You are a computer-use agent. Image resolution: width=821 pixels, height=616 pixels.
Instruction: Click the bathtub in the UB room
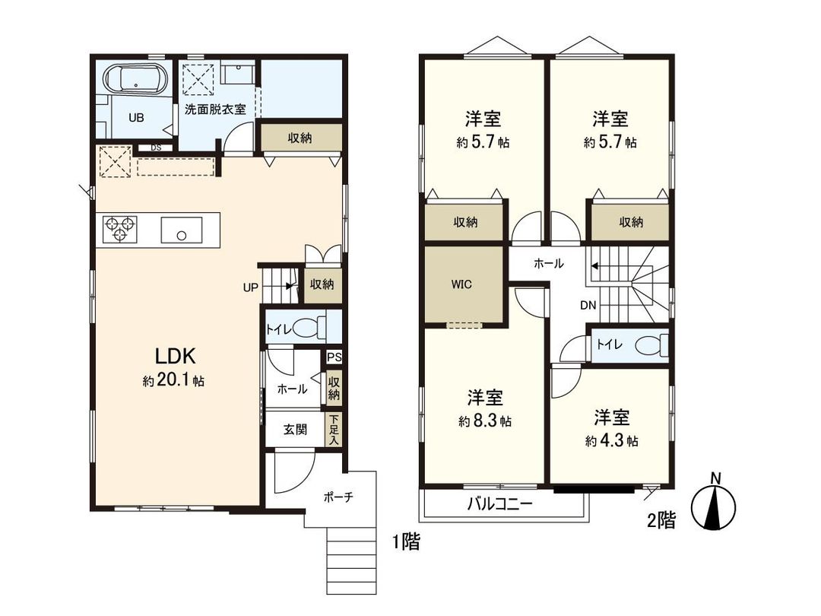[x=135, y=79]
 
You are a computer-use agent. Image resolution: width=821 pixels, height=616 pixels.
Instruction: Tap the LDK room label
[x=176, y=356]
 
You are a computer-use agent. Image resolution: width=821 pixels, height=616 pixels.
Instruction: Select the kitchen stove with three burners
[x=120, y=229]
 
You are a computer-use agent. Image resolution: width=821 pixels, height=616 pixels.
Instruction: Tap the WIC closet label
[x=462, y=285]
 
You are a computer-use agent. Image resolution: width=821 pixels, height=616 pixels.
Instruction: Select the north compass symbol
[x=715, y=504]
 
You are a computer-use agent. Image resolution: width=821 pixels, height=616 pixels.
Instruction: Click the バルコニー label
[x=499, y=504]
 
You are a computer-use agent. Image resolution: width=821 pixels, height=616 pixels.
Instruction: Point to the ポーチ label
[x=338, y=497]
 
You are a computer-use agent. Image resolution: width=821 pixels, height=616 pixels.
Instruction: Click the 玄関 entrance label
[x=295, y=429]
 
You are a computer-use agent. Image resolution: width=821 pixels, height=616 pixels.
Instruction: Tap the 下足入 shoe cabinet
[x=334, y=430]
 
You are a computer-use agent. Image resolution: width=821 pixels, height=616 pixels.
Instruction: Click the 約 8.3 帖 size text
[x=485, y=421]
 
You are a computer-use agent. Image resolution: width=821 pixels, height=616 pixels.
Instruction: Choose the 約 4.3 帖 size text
[x=611, y=440]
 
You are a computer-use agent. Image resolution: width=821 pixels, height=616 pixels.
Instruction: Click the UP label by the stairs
[x=250, y=287]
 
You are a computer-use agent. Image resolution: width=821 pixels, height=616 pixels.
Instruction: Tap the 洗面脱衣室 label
[x=215, y=110]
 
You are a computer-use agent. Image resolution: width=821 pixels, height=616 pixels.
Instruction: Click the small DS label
[x=156, y=148]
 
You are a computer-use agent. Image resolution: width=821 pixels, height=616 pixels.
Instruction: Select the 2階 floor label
[x=660, y=521]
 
